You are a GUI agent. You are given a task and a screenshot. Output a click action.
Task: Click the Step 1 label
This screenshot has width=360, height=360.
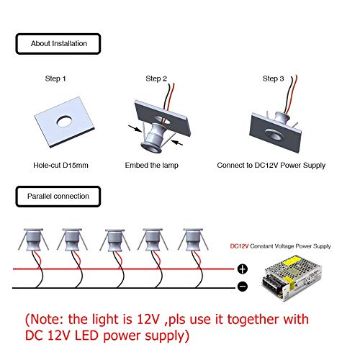click(x=55, y=78)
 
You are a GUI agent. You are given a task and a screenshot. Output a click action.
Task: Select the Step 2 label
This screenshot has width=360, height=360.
click(x=156, y=78)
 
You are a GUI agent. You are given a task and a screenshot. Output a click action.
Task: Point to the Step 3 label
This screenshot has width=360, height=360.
click(x=273, y=78)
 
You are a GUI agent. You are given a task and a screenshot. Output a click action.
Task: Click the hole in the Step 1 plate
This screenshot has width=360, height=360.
click(x=65, y=122)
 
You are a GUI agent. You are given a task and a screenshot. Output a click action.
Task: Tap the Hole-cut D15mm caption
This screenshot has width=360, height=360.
click(x=60, y=165)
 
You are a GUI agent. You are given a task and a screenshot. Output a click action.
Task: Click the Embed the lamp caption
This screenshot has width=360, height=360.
click(x=151, y=166)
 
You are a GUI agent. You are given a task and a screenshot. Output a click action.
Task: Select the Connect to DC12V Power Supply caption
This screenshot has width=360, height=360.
click(x=271, y=166)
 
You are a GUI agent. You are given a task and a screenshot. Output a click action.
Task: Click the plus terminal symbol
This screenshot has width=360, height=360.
click(x=243, y=269)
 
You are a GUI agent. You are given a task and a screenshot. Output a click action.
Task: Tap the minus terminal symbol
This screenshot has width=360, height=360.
click(x=243, y=287)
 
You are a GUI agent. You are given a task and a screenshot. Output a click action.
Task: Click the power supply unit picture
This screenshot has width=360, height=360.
click(x=292, y=278)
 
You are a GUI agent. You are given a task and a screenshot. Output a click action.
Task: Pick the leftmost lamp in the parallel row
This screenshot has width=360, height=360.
click(x=34, y=240)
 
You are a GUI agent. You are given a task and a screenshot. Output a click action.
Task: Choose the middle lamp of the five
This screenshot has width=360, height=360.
click(x=115, y=240)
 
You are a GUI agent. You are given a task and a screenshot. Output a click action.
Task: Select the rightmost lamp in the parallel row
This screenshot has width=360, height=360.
click(x=193, y=240)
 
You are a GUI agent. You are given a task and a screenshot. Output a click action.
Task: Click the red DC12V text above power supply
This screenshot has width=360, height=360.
click(x=239, y=246)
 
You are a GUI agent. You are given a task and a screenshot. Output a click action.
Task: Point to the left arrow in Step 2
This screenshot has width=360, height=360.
click(x=135, y=129)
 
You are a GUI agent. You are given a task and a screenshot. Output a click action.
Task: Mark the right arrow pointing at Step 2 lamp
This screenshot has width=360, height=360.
click(x=178, y=143)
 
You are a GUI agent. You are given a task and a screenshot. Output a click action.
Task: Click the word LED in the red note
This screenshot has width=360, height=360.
click(x=86, y=336)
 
